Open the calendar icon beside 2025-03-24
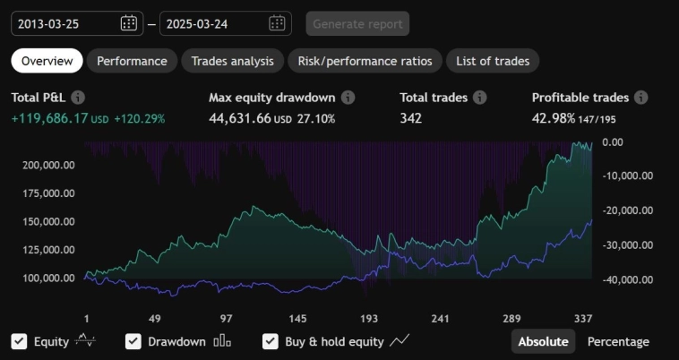pos(277,23)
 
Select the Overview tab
pos(47,61)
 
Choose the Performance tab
pos(132,61)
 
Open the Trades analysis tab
pos(232,61)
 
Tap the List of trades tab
pos(492,61)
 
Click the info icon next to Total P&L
pos(78,97)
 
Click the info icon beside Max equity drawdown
pos(348,97)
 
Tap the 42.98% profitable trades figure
pos(554,117)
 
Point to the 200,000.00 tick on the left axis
pos(49,166)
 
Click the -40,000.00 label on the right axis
pos(627,279)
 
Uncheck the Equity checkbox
pos(19,341)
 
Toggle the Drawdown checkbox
pos(133,341)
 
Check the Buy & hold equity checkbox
pos(270,341)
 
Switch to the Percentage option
pos(618,341)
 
